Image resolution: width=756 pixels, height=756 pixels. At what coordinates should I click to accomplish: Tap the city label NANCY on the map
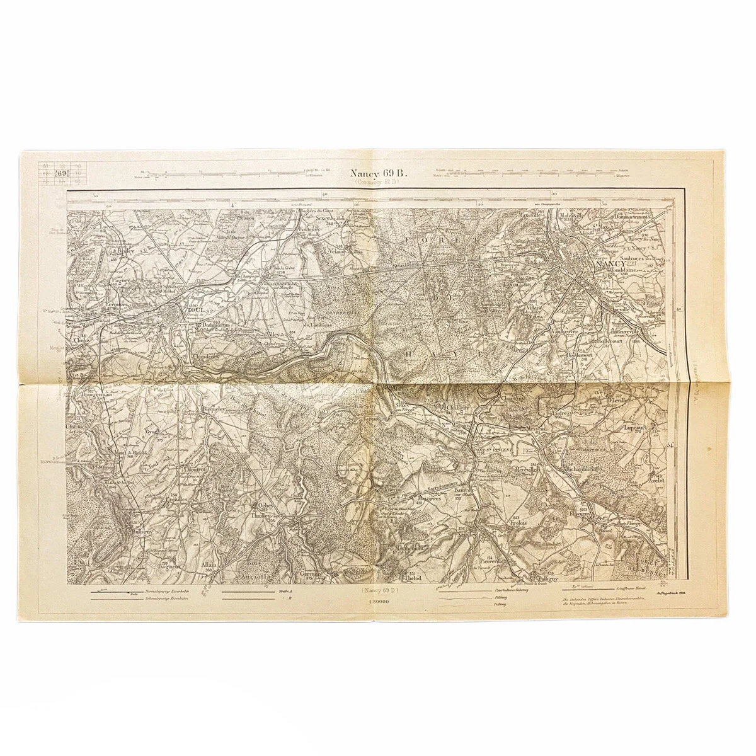[608, 265]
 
